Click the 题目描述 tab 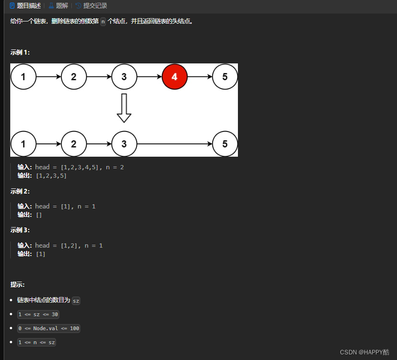click(x=25, y=6)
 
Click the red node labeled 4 click(x=174, y=77)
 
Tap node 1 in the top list click(x=23, y=77)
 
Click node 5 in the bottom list click(x=225, y=144)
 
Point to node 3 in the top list click(x=124, y=77)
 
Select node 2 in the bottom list click(x=74, y=144)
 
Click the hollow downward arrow click(x=124, y=108)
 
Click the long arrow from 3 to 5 click(x=174, y=144)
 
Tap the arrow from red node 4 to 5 click(x=200, y=77)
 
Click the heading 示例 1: click(x=20, y=52)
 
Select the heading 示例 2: click(x=20, y=191)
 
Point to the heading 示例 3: click(x=20, y=230)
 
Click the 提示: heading click(x=18, y=284)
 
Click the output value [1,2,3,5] click(x=51, y=176)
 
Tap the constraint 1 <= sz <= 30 click(x=38, y=314)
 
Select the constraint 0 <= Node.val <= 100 click(x=49, y=328)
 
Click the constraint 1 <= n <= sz click(x=36, y=342)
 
